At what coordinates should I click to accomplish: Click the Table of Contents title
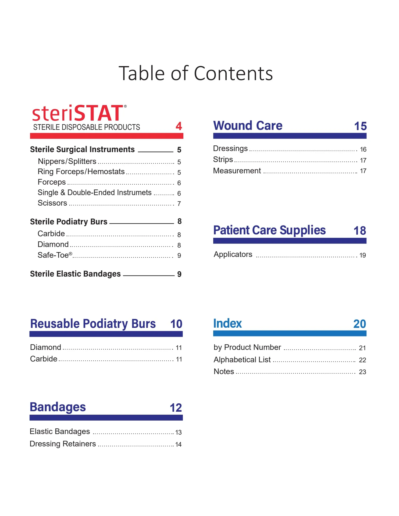point(196,73)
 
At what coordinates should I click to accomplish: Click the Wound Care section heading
point(248,126)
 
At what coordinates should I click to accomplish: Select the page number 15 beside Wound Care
point(360,126)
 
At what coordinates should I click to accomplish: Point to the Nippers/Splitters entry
point(67,161)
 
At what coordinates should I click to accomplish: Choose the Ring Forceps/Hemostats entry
point(81,171)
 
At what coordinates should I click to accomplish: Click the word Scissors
point(52,203)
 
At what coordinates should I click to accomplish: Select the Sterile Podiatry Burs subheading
point(69,222)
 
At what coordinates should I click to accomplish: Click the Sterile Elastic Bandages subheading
point(75,274)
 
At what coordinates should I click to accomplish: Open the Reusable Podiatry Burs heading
point(93,324)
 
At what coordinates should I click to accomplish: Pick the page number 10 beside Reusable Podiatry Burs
point(176,324)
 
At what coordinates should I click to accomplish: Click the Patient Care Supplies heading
point(269,230)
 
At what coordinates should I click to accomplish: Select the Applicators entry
point(233,255)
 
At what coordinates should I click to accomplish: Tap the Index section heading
point(227,324)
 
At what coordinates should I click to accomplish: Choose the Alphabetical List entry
point(242,360)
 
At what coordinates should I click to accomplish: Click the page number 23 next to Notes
point(362,372)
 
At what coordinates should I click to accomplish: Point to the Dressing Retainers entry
point(63,444)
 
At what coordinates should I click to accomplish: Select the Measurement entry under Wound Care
point(237,171)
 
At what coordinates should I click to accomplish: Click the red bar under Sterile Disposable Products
point(106,136)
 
